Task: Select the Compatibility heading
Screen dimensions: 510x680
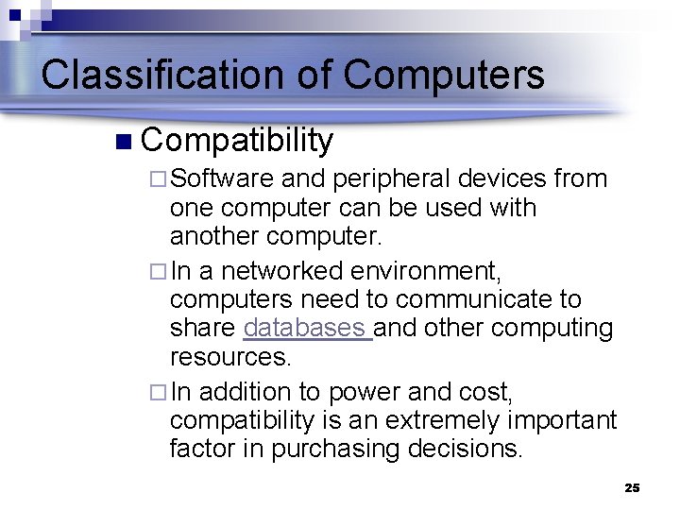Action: click(x=237, y=141)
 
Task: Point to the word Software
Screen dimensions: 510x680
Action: click(x=222, y=178)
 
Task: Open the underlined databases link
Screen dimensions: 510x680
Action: click(x=307, y=329)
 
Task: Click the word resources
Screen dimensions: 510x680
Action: click(x=230, y=357)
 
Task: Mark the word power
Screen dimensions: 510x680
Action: click(x=358, y=392)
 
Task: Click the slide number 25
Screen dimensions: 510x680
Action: click(x=633, y=488)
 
